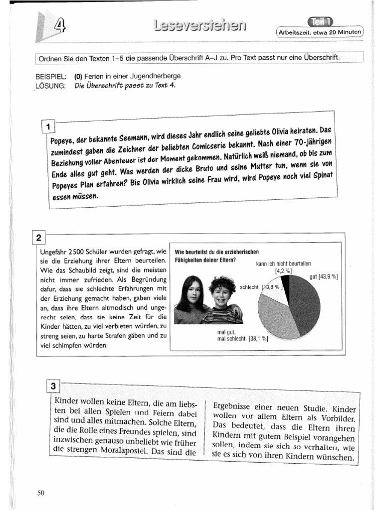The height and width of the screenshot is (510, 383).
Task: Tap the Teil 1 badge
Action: click(x=321, y=21)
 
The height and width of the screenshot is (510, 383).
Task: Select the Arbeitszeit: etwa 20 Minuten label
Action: click(x=320, y=33)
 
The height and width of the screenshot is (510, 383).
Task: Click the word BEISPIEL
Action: click(x=50, y=76)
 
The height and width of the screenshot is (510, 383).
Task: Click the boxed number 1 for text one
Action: click(x=48, y=127)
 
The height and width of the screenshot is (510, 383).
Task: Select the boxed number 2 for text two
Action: click(x=39, y=237)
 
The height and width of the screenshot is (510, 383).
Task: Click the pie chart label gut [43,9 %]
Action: click(x=324, y=277)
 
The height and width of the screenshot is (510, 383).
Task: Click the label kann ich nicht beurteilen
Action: click(x=283, y=264)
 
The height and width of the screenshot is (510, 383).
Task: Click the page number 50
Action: click(x=41, y=493)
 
